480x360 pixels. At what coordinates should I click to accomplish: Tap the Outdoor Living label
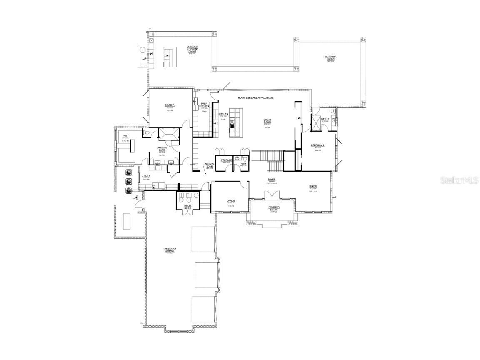tap(331, 58)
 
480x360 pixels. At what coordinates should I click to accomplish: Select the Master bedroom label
tap(170, 105)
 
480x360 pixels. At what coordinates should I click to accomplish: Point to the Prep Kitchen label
tap(204, 105)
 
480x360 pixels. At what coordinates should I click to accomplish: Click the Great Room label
tap(267, 121)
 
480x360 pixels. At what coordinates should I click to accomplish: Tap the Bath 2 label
tap(325, 119)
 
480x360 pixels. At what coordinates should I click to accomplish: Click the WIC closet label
tap(125, 136)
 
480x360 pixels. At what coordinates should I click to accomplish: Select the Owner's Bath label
tap(162, 149)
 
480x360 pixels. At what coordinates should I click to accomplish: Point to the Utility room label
tap(146, 176)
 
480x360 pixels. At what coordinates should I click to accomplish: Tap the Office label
tap(231, 201)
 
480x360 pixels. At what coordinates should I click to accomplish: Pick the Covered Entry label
tap(274, 208)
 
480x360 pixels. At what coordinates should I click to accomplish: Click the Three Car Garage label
tap(169, 250)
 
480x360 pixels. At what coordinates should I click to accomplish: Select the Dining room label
tap(313, 186)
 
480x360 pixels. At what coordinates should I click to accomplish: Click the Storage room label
tap(226, 160)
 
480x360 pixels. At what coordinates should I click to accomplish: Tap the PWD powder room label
tap(243, 164)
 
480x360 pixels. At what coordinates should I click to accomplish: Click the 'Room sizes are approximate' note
tap(255, 97)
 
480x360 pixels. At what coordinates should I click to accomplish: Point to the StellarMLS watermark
tap(460, 180)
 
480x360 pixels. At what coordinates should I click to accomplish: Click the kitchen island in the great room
tap(236, 121)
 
